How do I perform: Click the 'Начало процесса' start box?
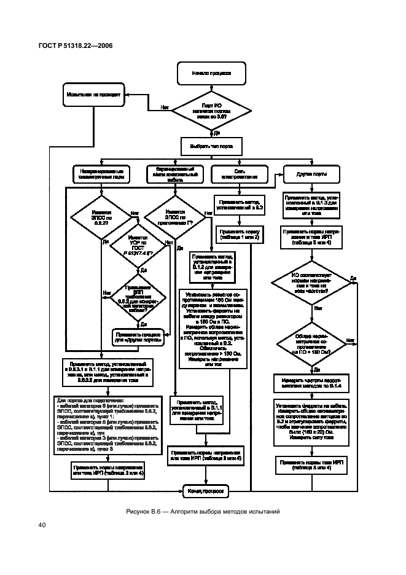click(x=211, y=73)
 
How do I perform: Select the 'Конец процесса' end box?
click(x=205, y=491)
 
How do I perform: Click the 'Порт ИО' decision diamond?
click(x=211, y=111)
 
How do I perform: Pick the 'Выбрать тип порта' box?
click(x=211, y=146)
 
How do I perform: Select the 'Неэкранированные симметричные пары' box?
click(x=102, y=174)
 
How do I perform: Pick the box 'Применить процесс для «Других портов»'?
click(x=139, y=337)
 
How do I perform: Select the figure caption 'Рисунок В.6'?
click(x=203, y=510)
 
